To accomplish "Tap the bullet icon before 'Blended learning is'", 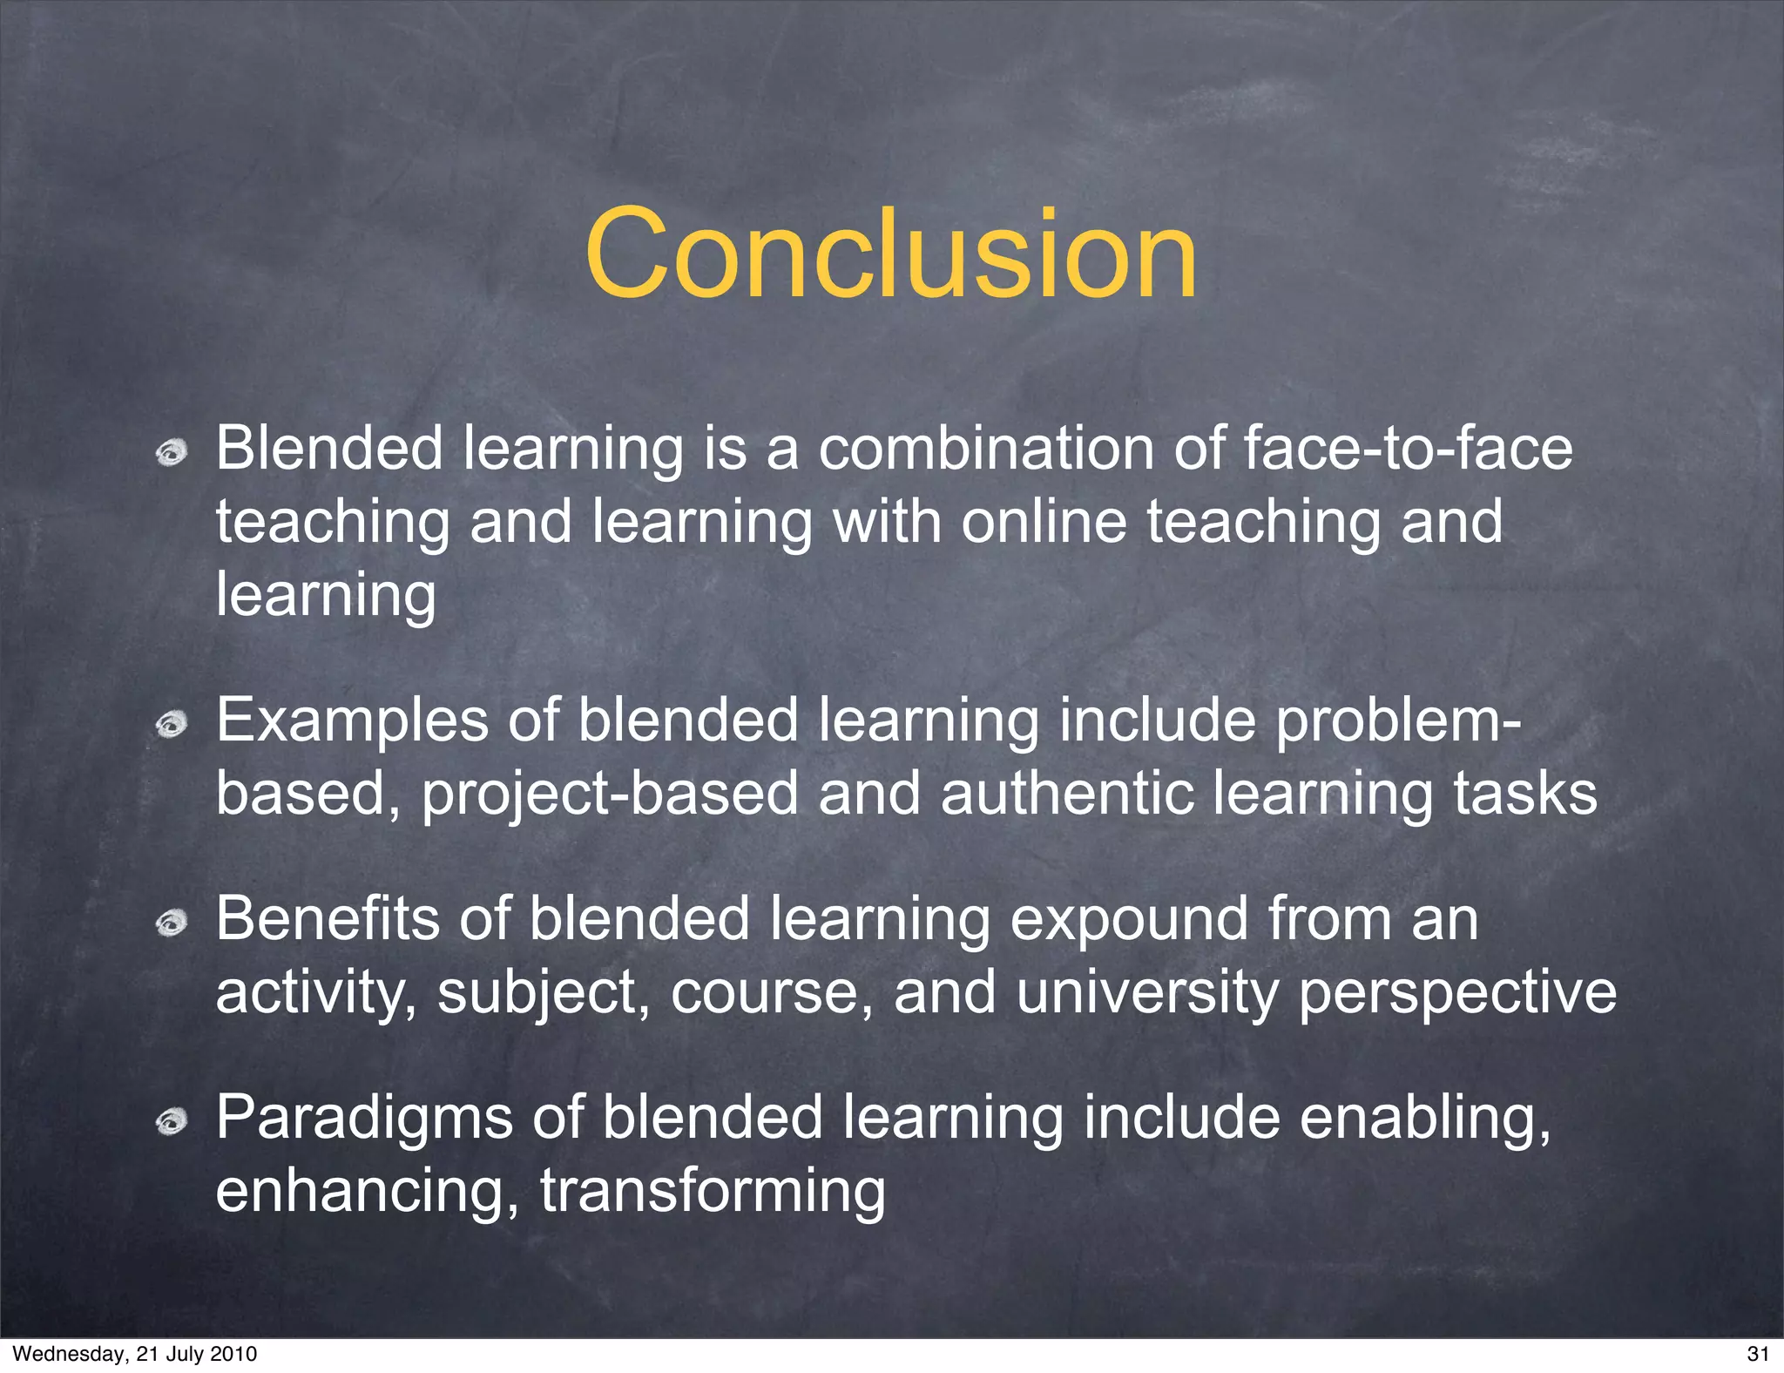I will coord(172,453).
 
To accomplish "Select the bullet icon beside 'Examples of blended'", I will coord(172,725).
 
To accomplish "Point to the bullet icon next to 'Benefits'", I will coord(172,923).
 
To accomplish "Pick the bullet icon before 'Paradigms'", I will coord(172,1123).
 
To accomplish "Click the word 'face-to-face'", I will coord(1408,448).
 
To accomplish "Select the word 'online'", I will coord(1044,521).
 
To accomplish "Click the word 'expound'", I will coord(1129,919).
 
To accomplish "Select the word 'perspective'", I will coord(1457,993).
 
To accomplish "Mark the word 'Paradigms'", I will coord(364,1119).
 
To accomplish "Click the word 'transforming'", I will coord(713,1192).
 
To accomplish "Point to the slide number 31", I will coord(1758,1353).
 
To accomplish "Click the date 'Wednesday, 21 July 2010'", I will coord(135,1353).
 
